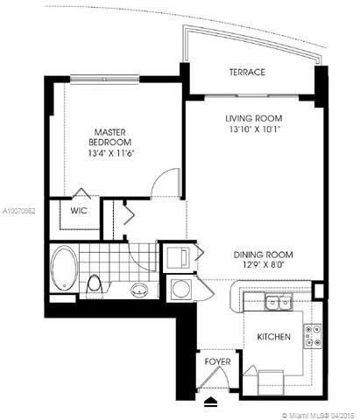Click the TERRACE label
tap(246, 72)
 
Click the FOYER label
tap(217, 360)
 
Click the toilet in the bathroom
tap(95, 284)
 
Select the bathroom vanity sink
tap(138, 289)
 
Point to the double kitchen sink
tap(279, 303)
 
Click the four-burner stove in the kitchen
tap(312, 333)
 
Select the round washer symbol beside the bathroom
tap(179, 288)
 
